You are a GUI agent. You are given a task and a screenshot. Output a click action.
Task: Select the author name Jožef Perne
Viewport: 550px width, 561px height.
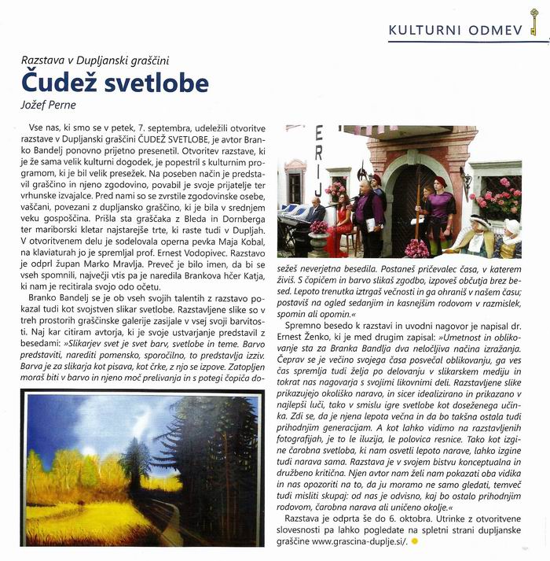coord(49,103)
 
